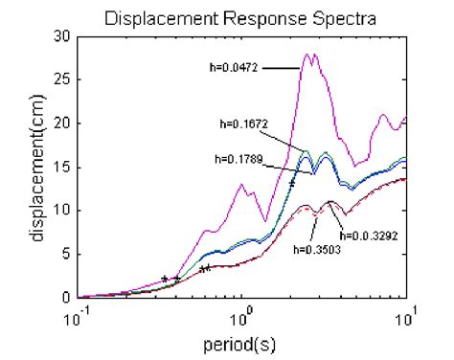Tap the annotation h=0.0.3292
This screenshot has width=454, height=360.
click(368, 232)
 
